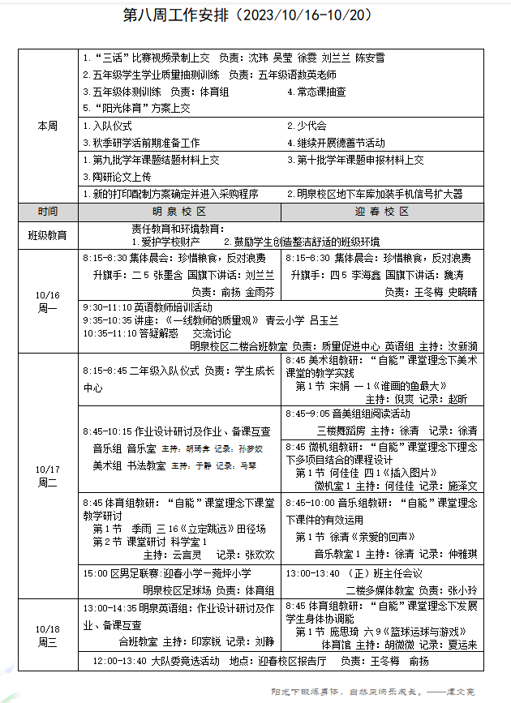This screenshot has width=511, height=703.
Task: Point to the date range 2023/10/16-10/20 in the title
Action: (305, 15)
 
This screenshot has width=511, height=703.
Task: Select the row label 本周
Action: (48, 126)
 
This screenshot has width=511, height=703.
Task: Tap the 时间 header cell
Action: (48, 211)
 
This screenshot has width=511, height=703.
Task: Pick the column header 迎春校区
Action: (381, 211)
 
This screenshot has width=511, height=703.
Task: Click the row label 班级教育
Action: (48, 235)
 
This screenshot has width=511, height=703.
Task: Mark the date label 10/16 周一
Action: (48, 301)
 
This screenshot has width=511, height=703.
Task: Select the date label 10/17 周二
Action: (48, 476)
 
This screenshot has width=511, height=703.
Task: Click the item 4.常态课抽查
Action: (316, 92)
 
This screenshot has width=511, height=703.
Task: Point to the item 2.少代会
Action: (307, 126)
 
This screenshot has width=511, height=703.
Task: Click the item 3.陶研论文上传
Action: (117, 176)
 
